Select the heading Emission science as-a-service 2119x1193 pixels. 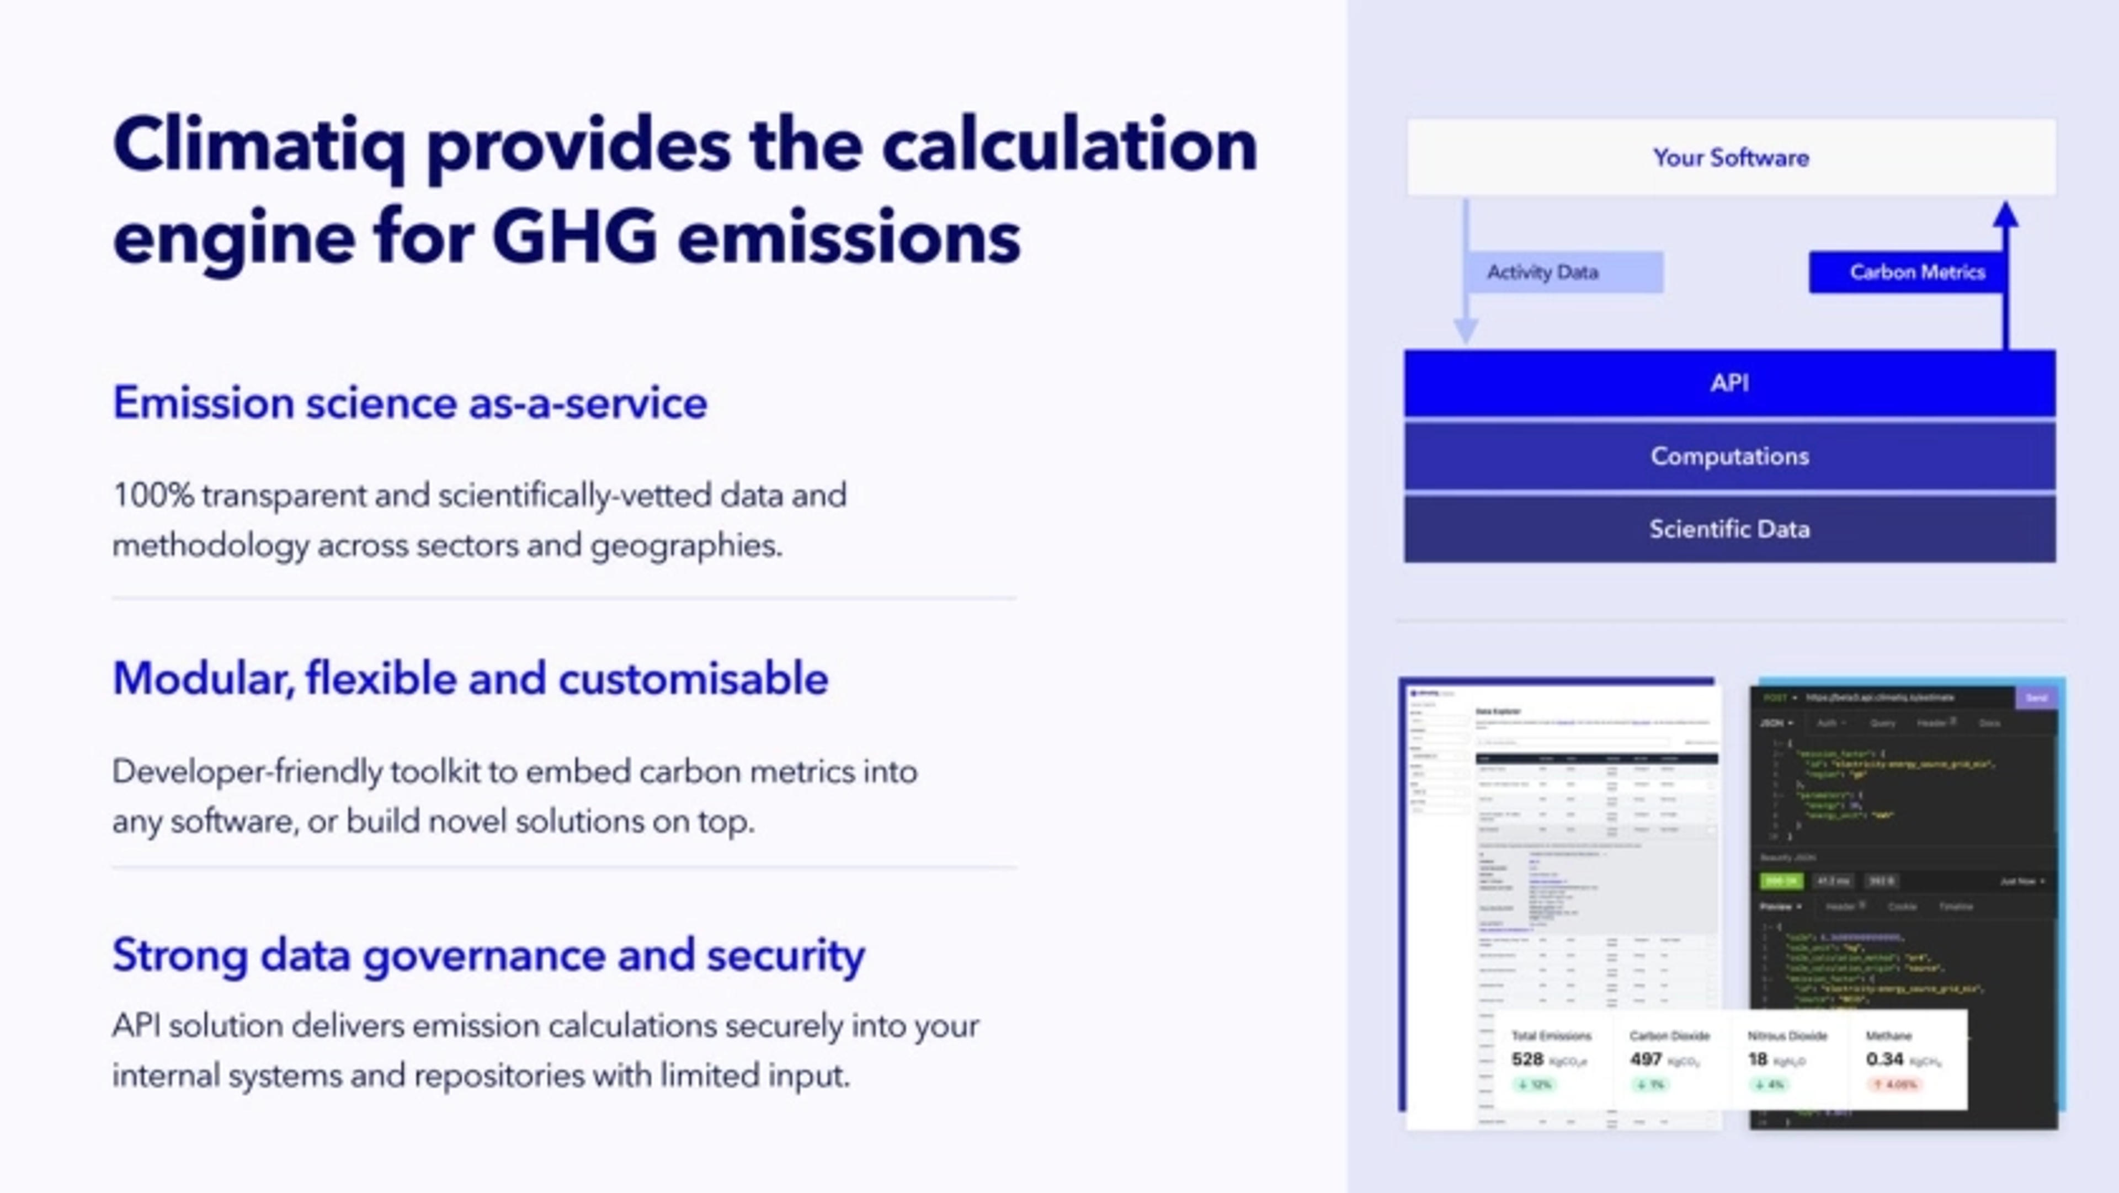[409, 403]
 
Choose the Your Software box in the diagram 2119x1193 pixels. [1730, 157]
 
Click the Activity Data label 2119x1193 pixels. [1542, 273]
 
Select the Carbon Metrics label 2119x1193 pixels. [1916, 273]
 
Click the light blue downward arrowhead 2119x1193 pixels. [1466, 331]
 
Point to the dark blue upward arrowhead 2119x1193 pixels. [2005, 216]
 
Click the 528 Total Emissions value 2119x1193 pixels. [1527, 1059]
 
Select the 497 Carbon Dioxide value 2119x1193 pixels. [1645, 1059]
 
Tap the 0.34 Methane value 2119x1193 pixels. [1884, 1059]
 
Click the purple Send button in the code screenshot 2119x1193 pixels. [2036, 697]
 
